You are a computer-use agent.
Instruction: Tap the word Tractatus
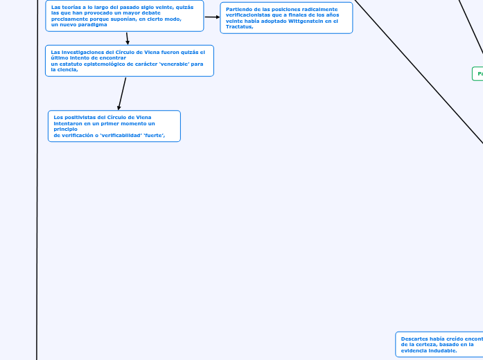[x=239, y=27]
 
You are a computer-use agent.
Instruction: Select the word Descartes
[x=414, y=339]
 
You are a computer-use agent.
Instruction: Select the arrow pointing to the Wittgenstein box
[x=213, y=17]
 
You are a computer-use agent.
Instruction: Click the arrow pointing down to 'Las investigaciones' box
[x=128, y=39]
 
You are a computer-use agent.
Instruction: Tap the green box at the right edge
[x=477, y=73]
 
